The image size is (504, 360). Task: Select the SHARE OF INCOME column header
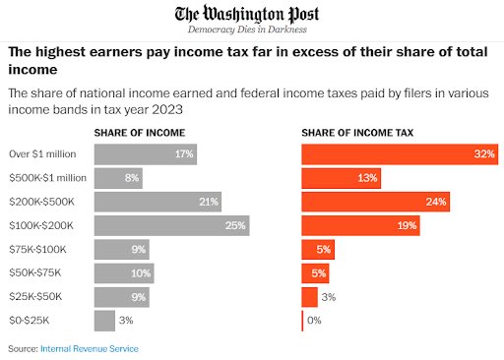pyautogui.click(x=137, y=133)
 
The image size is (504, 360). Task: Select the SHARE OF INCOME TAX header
pyautogui.click(x=356, y=133)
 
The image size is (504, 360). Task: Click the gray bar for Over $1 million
pyautogui.click(x=145, y=154)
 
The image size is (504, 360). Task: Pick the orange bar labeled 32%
pyautogui.click(x=399, y=154)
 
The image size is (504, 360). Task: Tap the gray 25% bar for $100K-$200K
pyautogui.click(x=171, y=225)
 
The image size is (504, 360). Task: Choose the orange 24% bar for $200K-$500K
pyautogui.click(x=375, y=202)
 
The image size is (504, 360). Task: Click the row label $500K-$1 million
pyautogui.click(x=47, y=178)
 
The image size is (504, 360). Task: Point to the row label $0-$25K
pyautogui.click(x=29, y=321)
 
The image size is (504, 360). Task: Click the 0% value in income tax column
pyautogui.click(x=314, y=321)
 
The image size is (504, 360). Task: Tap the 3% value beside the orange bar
pyautogui.click(x=329, y=297)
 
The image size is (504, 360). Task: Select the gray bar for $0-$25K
pyautogui.click(x=103, y=321)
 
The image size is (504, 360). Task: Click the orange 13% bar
pyautogui.click(x=341, y=178)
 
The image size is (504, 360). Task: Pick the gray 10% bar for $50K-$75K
pyautogui.click(x=124, y=273)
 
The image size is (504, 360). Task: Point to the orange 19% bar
pyautogui.click(x=359, y=225)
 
